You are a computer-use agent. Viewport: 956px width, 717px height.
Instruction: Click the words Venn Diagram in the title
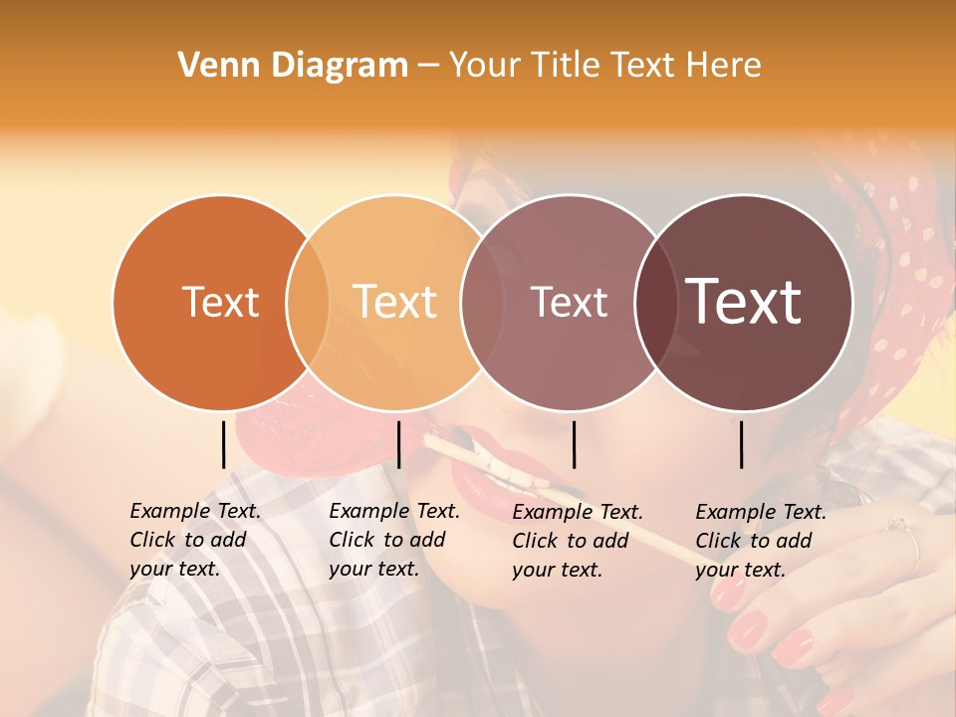click(x=293, y=66)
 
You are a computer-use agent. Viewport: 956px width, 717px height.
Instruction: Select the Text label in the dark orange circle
click(x=220, y=302)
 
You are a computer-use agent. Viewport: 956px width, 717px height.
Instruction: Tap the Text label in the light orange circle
click(x=394, y=302)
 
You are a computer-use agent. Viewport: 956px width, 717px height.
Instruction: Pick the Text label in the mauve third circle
click(x=569, y=302)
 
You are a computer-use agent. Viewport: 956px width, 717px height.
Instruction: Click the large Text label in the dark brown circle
click(x=744, y=302)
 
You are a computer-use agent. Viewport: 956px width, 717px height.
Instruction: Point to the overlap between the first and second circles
click(x=308, y=302)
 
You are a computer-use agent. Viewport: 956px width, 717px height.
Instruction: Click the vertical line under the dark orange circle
click(x=223, y=444)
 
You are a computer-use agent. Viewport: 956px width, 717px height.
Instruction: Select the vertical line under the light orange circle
click(x=398, y=444)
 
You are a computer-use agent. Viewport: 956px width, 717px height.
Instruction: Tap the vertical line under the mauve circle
click(x=574, y=444)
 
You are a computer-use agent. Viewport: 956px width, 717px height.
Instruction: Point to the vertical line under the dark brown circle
click(x=742, y=444)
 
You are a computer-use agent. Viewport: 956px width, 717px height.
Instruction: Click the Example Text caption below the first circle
click(x=195, y=540)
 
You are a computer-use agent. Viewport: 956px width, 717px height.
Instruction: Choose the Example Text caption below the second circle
click(x=394, y=540)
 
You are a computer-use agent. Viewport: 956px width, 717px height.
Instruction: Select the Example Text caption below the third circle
click(x=578, y=541)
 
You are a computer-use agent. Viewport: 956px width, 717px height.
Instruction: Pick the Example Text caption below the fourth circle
click(x=761, y=541)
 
